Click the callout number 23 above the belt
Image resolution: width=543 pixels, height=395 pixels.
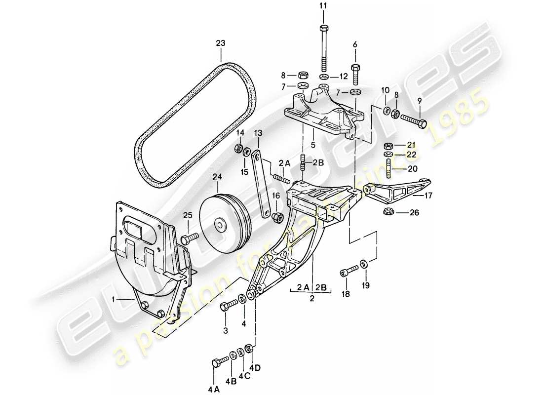(220, 43)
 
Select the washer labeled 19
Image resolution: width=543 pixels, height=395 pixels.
(364, 263)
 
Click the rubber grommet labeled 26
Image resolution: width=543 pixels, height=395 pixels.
(388, 213)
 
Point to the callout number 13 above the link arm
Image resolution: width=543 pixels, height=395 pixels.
(257, 133)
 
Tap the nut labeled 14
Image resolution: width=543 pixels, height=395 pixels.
(238, 149)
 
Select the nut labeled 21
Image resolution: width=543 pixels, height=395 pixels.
(388, 146)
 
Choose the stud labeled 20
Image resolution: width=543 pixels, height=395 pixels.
(388, 168)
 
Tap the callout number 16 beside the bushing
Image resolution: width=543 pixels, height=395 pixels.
(275, 196)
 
